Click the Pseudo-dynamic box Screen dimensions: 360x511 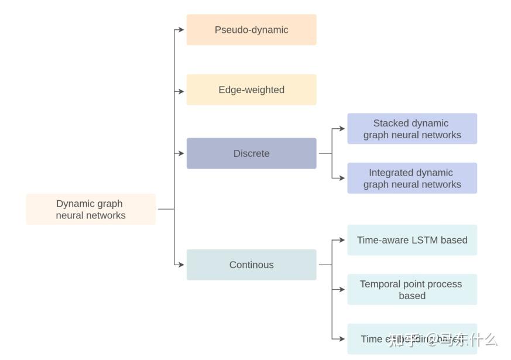(251, 30)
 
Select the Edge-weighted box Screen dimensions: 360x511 (251, 90)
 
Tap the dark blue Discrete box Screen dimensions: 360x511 (251, 153)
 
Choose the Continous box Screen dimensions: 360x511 (251, 265)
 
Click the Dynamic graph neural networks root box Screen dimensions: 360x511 (91, 209)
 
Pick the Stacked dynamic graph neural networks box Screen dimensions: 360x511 (412, 129)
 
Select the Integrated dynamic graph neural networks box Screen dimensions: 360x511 (412, 178)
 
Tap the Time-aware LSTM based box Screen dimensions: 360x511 (412, 240)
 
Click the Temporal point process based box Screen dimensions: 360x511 (412, 289)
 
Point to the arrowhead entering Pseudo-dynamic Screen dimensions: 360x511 (182, 30)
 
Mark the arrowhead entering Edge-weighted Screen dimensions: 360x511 (182, 91)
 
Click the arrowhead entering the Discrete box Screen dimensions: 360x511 (182, 153)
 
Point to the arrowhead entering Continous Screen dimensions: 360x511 (182, 265)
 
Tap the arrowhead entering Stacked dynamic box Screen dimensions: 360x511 (342, 129)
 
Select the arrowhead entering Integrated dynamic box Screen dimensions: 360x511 (342, 178)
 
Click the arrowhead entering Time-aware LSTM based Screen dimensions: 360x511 (342, 240)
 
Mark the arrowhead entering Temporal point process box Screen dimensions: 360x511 (342, 289)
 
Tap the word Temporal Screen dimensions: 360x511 (381, 284)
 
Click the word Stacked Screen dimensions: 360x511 (391, 123)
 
